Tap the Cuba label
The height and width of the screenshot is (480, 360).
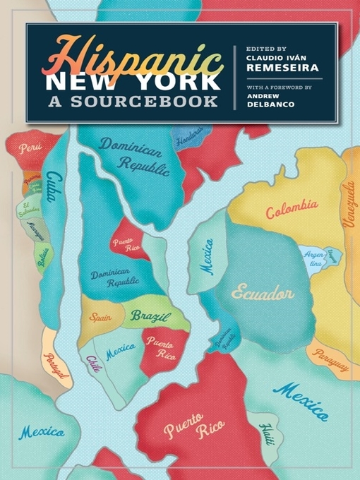click(x=52, y=187)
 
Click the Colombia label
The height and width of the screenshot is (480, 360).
click(x=292, y=209)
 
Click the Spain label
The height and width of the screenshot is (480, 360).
click(x=100, y=317)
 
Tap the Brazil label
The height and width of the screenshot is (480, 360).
click(x=150, y=316)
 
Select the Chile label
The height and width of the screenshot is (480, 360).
click(x=93, y=364)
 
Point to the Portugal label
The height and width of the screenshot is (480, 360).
click(x=57, y=365)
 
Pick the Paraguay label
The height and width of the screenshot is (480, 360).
click(x=331, y=361)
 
